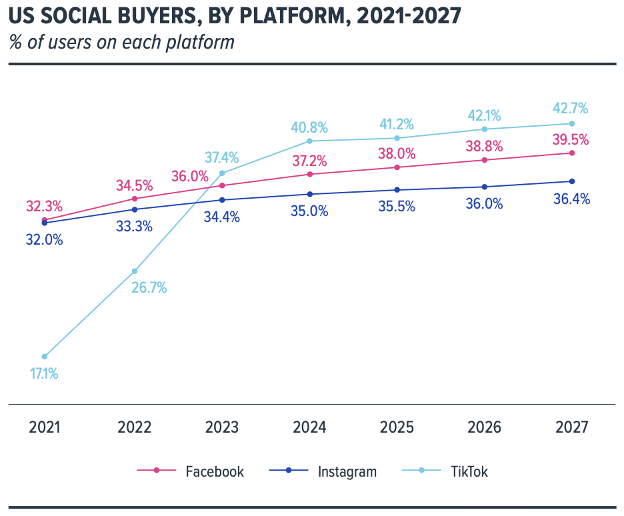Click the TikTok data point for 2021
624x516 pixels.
tap(45, 357)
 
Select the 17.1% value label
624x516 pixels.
tap(44, 374)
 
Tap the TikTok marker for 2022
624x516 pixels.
tap(134, 271)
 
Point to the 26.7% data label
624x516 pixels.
tap(149, 288)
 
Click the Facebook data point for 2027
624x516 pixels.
tap(572, 153)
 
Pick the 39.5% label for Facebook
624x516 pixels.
tap(571, 139)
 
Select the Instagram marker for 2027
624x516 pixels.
tap(572, 181)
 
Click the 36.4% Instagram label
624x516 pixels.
tap(571, 199)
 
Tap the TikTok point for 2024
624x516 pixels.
tap(309, 141)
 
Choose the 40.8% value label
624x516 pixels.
tap(309, 127)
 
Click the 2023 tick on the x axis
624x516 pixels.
tap(222, 427)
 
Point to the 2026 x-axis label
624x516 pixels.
tap(484, 427)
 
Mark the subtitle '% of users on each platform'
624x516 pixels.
tap(122, 43)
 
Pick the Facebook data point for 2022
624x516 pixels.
tap(134, 199)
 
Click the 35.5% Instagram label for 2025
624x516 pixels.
tap(396, 207)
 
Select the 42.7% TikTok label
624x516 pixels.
tap(571, 109)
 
